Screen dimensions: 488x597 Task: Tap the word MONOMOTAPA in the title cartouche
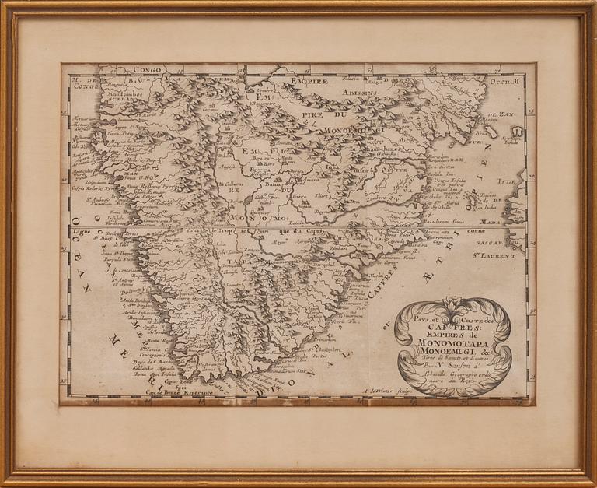(453, 340)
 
